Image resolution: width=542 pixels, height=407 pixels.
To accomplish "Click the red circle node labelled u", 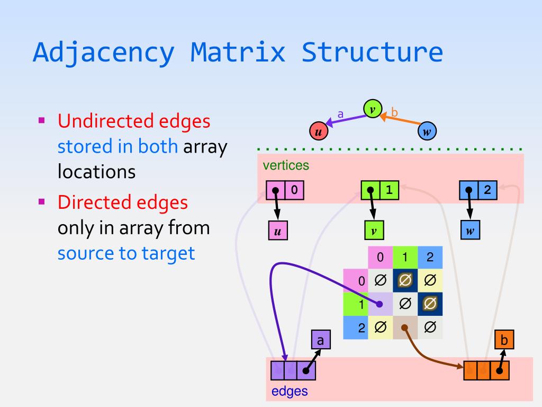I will click(318, 131).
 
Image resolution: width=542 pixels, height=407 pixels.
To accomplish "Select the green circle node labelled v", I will click(372, 109).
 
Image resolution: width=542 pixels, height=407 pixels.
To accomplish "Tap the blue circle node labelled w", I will click(427, 131).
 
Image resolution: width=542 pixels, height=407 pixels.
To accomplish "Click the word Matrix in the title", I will click(238, 52).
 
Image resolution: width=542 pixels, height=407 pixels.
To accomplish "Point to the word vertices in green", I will click(286, 165).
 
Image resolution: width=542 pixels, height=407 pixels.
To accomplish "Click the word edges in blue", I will click(290, 392).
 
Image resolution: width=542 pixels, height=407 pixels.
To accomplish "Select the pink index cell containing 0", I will click(295, 190).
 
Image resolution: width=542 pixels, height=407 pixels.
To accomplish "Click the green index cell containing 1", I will click(390, 190).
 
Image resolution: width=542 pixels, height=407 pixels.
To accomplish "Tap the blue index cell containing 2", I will click(487, 190).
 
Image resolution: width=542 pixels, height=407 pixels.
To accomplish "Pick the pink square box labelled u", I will click(276, 231).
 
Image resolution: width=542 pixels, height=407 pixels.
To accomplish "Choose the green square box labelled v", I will click(374, 231).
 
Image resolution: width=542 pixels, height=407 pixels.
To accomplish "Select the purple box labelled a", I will click(320, 339).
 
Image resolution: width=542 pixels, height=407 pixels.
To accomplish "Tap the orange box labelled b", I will click(504, 339).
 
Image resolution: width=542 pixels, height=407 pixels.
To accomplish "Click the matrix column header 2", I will click(430, 258).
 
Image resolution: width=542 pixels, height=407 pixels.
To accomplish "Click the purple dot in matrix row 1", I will click(380, 304).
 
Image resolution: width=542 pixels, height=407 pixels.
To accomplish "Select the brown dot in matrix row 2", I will click(404, 328).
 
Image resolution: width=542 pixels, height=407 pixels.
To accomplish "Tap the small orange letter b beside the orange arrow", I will click(394, 112).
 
